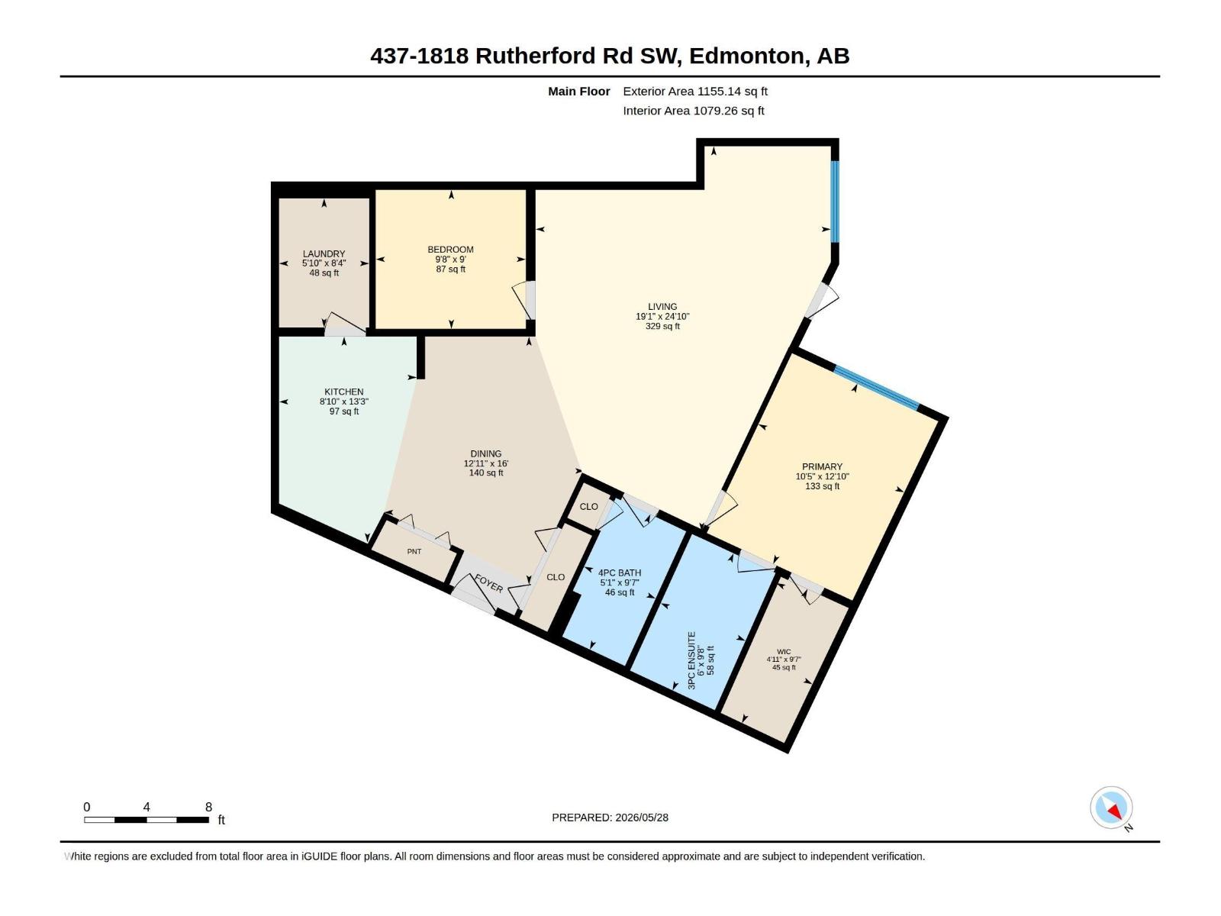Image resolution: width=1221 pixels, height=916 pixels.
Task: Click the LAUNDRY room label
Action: point(324,253)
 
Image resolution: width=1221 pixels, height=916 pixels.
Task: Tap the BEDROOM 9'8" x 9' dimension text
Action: point(450,260)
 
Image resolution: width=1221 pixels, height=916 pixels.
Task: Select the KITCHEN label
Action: point(343,392)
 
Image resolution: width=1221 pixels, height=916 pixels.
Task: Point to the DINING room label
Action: point(485,453)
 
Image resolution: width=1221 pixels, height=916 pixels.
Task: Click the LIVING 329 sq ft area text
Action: point(662,326)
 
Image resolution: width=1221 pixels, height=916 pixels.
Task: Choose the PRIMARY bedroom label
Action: point(822,466)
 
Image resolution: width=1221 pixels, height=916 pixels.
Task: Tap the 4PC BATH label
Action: point(620,572)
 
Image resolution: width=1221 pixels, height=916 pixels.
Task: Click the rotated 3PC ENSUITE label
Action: point(691,660)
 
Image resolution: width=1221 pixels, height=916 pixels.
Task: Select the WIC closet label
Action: point(784,651)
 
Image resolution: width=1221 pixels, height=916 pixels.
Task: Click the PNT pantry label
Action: point(414,551)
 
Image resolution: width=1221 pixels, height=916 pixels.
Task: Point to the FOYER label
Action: point(489,583)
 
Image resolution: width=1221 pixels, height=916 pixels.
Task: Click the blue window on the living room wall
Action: point(834,202)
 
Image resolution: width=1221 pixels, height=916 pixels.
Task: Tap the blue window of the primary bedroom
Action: point(876,388)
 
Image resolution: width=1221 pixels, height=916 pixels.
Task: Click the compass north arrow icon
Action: point(1111,807)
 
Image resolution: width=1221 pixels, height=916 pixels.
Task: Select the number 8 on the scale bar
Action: point(208,807)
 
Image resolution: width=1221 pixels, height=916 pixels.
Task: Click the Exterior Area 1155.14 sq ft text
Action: point(695,91)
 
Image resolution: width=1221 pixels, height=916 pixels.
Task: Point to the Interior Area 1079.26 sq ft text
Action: point(694,111)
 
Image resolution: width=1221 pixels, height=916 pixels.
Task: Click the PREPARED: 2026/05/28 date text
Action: point(610,817)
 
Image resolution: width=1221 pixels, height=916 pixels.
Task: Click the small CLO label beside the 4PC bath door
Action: point(588,506)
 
